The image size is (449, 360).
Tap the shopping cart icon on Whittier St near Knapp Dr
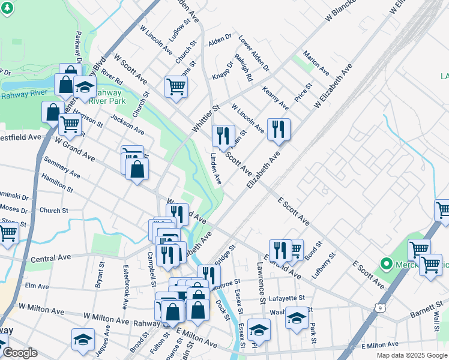tap(176, 86)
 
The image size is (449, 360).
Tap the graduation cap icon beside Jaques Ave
tap(83, 339)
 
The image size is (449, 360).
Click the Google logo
tap(19, 353)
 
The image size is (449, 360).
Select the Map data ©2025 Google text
tap(411, 355)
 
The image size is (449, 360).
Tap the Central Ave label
tap(50, 258)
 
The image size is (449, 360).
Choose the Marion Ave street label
tap(316, 62)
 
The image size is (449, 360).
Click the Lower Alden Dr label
tap(253, 53)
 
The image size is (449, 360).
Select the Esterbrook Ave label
tap(125, 287)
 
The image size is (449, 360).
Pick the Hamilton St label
tap(57, 182)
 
